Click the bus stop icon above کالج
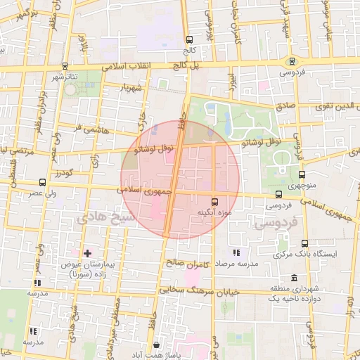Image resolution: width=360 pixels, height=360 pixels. point(188,40)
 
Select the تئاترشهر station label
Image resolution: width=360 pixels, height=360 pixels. point(64,75)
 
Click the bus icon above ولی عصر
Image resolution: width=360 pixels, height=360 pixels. point(42,181)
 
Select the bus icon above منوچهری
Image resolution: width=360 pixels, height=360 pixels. point(302,175)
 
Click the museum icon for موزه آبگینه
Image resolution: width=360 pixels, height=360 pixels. point(214,201)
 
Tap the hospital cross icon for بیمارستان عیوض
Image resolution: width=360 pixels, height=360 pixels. point(87,252)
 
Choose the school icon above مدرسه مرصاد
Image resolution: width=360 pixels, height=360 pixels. point(236,252)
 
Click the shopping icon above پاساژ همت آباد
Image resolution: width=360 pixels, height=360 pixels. point(155,345)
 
